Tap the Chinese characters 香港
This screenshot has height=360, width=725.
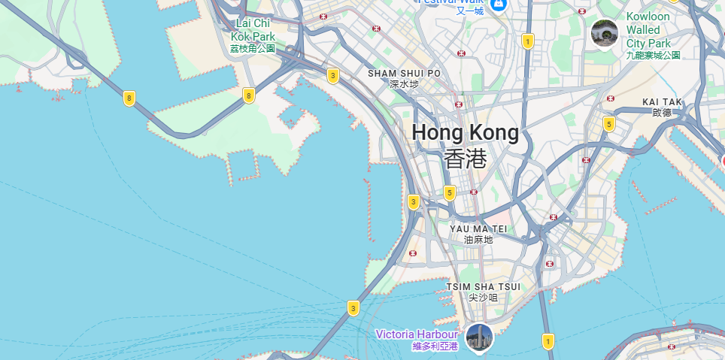tap(465, 159)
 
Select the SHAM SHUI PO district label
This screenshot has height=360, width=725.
tap(404, 74)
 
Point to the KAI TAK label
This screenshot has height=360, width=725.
tap(662, 101)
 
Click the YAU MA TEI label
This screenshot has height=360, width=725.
tap(478, 228)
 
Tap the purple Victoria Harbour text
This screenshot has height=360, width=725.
tap(416, 334)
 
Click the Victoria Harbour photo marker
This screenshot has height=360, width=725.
tap(479, 337)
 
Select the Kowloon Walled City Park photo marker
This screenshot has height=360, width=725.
tap(605, 32)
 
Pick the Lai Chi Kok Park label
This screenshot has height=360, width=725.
tap(253, 30)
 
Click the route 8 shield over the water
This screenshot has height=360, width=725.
tap(130, 98)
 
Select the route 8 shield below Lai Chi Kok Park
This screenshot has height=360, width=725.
tap(248, 95)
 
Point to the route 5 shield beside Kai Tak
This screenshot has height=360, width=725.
tap(608, 123)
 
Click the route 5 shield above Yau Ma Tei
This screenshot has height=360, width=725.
tap(450, 192)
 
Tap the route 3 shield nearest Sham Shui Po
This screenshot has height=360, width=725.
tap(332, 75)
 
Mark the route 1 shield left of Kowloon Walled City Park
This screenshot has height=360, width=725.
tap(528, 41)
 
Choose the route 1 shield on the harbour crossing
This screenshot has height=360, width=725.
tap(548, 342)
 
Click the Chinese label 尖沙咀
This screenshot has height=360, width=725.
tap(483, 298)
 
